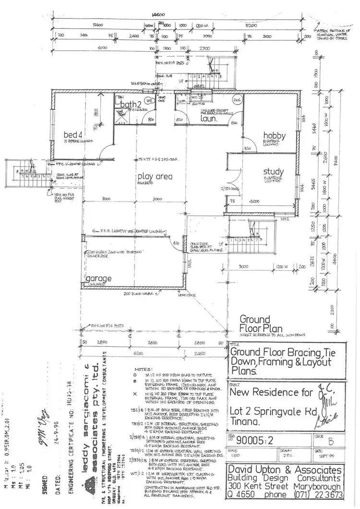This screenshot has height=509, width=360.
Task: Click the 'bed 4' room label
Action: tap(74, 135)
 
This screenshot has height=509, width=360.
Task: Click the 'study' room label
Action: tap(273, 172)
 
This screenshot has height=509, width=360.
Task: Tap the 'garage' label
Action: tap(98, 278)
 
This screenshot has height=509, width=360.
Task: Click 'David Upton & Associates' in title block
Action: tap(285, 469)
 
